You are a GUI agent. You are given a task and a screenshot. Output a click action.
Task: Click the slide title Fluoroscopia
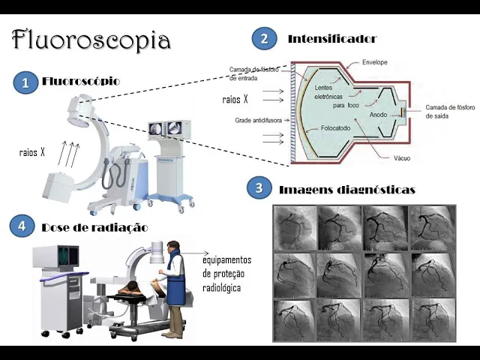[91, 39]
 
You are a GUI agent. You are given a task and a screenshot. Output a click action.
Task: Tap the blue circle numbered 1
[25, 83]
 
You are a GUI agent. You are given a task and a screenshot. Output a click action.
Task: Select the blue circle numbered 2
[262, 38]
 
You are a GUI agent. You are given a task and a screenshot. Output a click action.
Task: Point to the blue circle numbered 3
[259, 189]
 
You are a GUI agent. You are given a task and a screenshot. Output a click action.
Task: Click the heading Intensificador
[331, 38]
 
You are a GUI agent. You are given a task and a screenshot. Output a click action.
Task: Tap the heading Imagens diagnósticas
[346, 190]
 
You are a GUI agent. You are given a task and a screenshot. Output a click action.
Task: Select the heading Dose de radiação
[94, 226]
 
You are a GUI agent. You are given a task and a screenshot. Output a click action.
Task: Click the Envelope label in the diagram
[374, 62]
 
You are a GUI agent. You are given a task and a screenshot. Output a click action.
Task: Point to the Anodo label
[378, 115]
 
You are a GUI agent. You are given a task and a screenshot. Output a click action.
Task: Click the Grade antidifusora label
[257, 120]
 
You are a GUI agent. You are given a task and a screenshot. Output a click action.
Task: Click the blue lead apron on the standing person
[175, 282]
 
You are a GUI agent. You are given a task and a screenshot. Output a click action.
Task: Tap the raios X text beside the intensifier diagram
[235, 99]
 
